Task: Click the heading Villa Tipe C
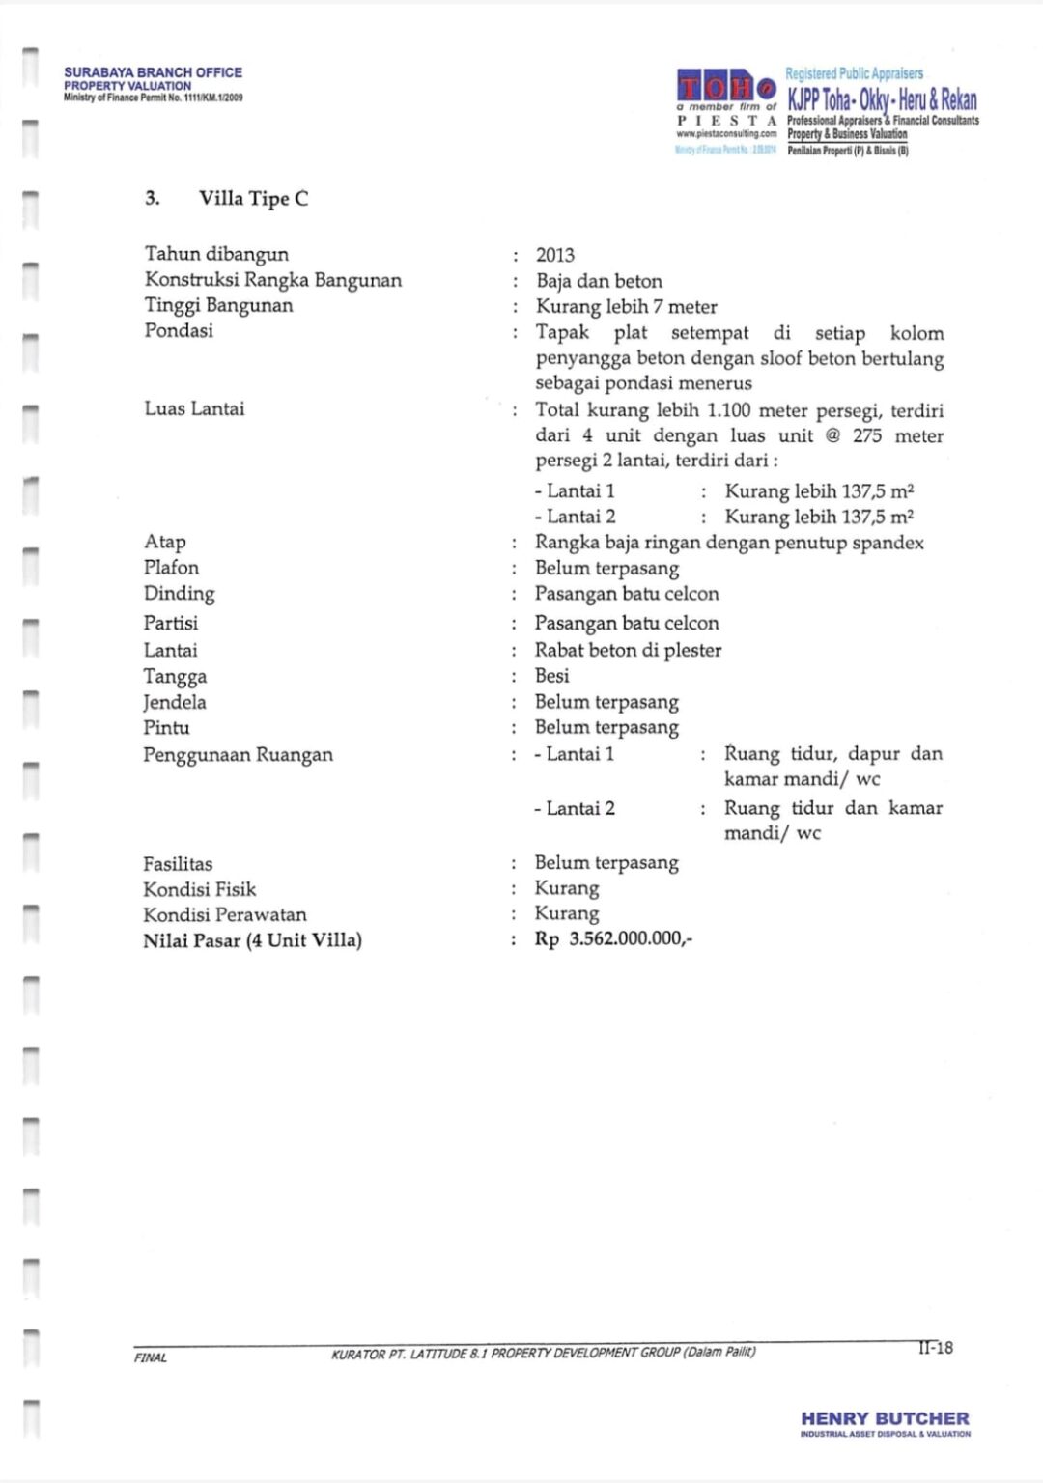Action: pyautogui.click(x=253, y=199)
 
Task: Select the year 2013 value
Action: pyautogui.click(x=555, y=255)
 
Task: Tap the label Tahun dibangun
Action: pyautogui.click(x=216, y=254)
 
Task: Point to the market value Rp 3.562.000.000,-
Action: pyautogui.click(x=614, y=939)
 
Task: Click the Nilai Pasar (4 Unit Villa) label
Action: pyautogui.click(x=252, y=940)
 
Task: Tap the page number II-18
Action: pyautogui.click(x=935, y=1347)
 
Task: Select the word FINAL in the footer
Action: pyautogui.click(x=151, y=1357)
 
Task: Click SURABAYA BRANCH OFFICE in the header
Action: pyautogui.click(x=153, y=72)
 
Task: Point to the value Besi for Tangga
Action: pyautogui.click(x=552, y=676)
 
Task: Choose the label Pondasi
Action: pyautogui.click(x=179, y=330)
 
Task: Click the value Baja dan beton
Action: pyautogui.click(x=599, y=281)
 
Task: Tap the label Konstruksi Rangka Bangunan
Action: pyautogui.click(x=272, y=280)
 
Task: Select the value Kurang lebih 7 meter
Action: pyautogui.click(x=626, y=307)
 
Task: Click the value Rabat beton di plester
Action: pyautogui.click(x=628, y=650)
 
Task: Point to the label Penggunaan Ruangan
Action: pyautogui.click(x=238, y=754)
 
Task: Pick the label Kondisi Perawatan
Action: pyautogui.click(x=224, y=914)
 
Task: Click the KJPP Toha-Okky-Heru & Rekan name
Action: pyautogui.click(x=882, y=99)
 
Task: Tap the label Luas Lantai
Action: pyautogui.click(x=194, y=408)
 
